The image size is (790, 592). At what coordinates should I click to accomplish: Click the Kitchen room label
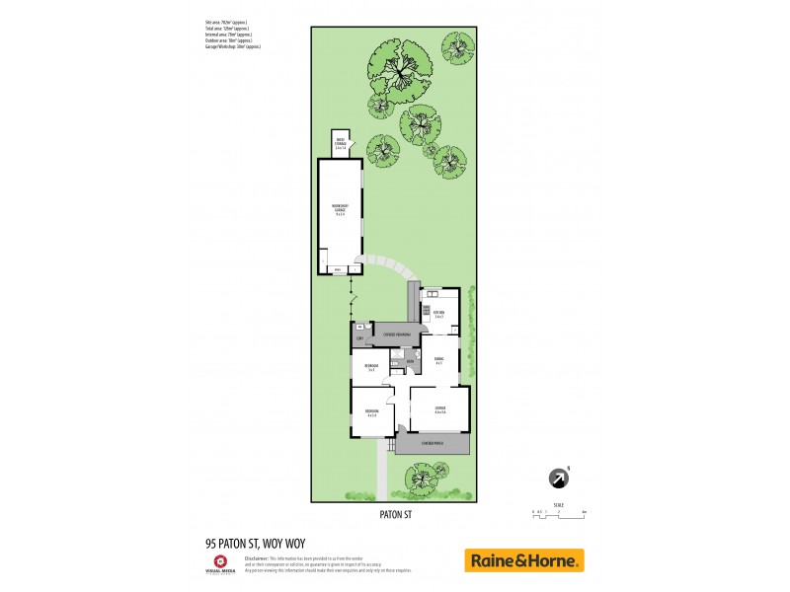pyautogui.click(x=438, y=314)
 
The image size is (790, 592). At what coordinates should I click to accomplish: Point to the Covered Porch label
pyautogui.click(x=433, y=444)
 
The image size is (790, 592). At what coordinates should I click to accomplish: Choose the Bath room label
pyautogui.click(x=409, y=361)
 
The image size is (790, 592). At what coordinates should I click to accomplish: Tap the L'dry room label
pyautogui.click(x=360, y=339)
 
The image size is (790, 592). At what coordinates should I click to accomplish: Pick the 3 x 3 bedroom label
pyautogui.click(x=371, y=368)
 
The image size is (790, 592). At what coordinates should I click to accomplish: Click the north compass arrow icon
pyautogui.click(x=559, y=479)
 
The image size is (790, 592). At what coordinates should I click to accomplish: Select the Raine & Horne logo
pyautogui.click(x=524, y=560)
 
